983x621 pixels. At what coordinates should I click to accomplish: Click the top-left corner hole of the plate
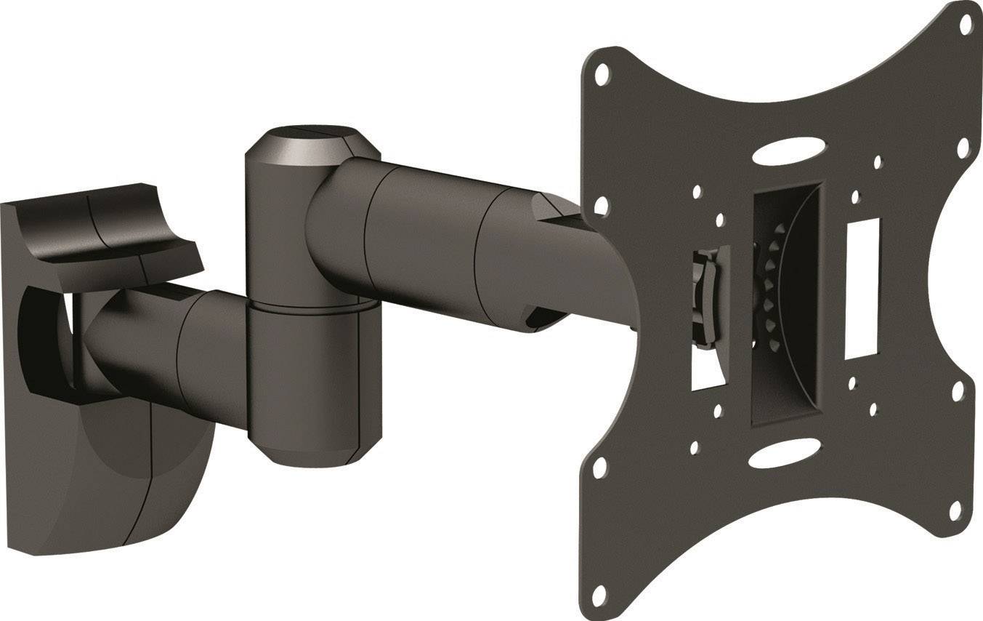click(602, 73)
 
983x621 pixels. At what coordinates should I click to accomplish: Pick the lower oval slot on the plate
click(772, 459)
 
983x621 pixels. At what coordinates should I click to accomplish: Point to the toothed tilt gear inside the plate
click(772, 291)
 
